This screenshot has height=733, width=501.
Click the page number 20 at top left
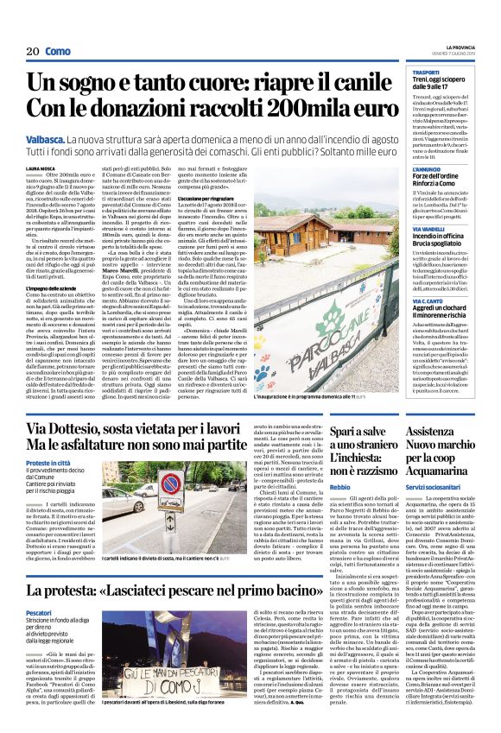click(33, 52)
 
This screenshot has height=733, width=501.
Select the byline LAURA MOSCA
click(41, 169)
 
